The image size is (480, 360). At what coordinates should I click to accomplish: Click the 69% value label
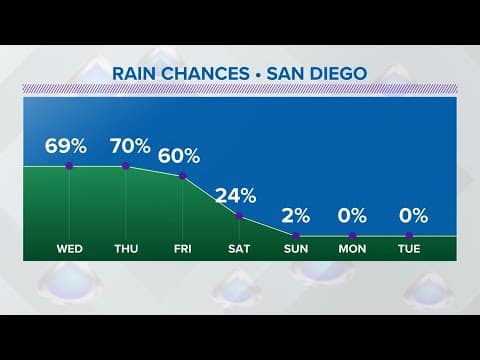point(69,146)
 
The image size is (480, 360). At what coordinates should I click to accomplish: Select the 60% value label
point(183,156)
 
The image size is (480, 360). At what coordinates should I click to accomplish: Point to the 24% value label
point(240,195)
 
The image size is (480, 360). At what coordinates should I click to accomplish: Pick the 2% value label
point(297,215)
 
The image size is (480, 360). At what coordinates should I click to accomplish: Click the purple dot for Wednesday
point(69,166)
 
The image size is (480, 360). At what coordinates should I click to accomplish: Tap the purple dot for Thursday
point(126,166)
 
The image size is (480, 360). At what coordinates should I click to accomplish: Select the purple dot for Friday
point(183,176)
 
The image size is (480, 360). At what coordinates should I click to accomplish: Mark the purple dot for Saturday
point(240,215)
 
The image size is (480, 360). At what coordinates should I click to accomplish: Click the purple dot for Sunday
point(297,235)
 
